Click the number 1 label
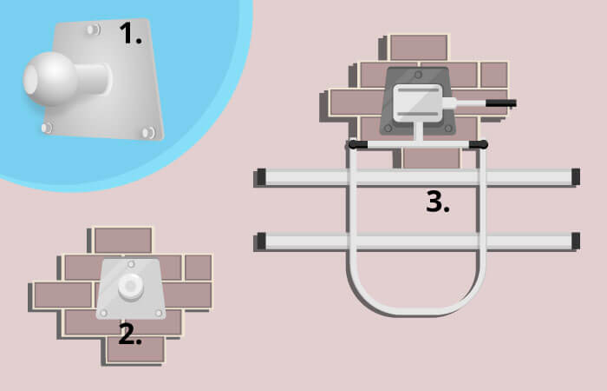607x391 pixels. tap(130, 33)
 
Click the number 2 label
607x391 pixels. tap(130, 335)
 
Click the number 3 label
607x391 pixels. tap(437, 202)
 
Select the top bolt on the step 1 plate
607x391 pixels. tap(94, 30)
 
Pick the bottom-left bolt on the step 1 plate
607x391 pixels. tap(47, 128)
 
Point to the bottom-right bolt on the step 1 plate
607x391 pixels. tap(148, 133)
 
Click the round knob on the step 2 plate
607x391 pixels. tap(131, 286)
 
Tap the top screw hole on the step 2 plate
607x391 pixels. tap(131, 264)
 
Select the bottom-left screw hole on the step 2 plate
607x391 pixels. tap(104, 313)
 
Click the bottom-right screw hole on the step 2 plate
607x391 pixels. tap(159, 313)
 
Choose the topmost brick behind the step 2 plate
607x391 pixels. tap(123, 240)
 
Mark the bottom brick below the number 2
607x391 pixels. tap(135, 349)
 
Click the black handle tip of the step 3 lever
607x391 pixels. tap(501, 103)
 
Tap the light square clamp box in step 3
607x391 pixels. tap(418, 103)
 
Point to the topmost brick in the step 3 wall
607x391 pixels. tap(419, 47)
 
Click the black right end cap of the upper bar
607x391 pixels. tap(576, 176)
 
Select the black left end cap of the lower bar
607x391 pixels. tap(262, 241)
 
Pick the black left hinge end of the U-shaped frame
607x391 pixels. tap(357, 145)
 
